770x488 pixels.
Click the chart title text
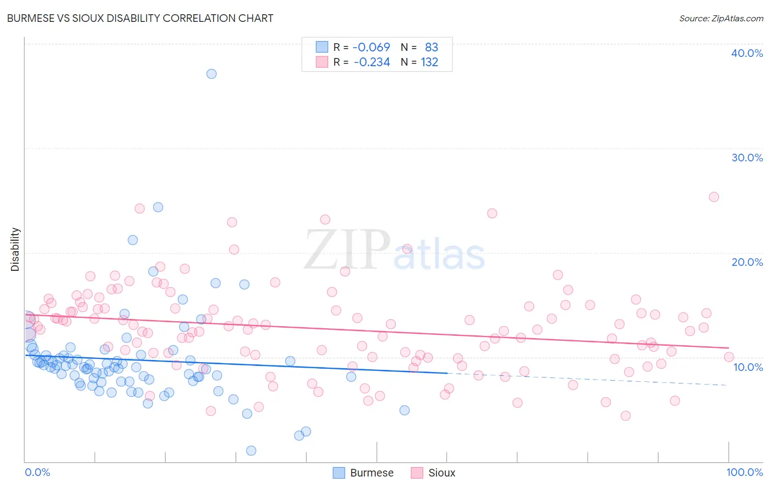(140, 18)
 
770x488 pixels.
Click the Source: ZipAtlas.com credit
(721, 18)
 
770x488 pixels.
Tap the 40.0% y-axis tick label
(747, 53)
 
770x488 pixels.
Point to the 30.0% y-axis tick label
(747, 158)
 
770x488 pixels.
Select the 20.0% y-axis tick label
(747, 262)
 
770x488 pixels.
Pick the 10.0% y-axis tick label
(748, 367)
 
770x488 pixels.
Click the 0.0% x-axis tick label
(37, 472)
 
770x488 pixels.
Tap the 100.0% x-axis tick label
(744, 472)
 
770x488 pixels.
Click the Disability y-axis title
(15, 249)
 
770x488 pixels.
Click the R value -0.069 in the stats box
(371, 47)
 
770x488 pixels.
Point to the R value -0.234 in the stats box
(372, 62)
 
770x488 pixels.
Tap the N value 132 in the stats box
(429, 62)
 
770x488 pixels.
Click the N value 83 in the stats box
(432, 47)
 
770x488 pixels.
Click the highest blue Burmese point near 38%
(211, 74)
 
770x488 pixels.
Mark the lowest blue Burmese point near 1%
(251, 451)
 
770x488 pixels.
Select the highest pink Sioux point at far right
(714, 197)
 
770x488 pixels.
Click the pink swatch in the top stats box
(321, 62)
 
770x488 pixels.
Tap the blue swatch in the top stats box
(321, 47)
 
